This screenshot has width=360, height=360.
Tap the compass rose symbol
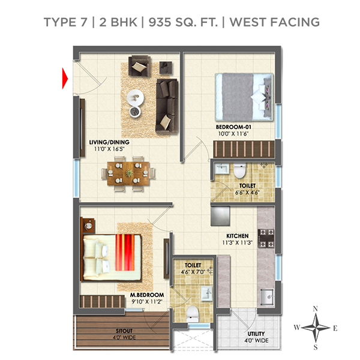316,328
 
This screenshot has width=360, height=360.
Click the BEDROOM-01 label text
233,128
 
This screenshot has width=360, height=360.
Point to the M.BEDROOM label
148,295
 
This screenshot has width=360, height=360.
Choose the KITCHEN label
238,236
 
